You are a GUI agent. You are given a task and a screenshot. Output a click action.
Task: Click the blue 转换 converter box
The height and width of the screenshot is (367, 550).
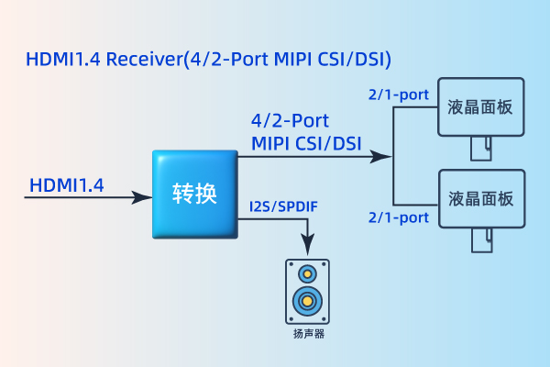pos(194,194)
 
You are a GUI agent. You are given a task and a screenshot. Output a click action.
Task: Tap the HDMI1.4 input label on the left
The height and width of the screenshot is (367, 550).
pos(67,185)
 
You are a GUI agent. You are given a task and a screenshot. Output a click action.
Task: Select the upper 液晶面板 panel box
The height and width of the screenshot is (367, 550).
pos(481,106)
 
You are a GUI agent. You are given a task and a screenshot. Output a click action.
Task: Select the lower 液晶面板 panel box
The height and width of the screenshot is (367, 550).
pos(481,198)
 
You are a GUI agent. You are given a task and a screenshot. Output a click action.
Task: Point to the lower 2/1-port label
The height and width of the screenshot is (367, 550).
pos(399,217)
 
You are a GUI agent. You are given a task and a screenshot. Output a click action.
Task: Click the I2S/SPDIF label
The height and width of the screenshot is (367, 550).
pos(283,206)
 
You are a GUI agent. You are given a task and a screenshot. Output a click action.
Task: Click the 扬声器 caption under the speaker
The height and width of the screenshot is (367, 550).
pos(308,334)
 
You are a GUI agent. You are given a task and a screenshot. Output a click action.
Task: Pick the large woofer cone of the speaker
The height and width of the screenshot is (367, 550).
pos(307,300)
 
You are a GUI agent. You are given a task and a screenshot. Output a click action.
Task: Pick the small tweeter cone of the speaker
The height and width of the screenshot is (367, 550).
pos(307,272)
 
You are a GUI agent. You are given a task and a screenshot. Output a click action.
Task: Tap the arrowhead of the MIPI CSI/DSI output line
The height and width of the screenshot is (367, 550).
pos(378,157)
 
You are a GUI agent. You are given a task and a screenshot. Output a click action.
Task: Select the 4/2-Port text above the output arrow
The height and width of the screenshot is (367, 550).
pos(290,120)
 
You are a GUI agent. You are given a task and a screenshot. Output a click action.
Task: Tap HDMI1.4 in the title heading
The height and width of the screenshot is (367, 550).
pos(65,61)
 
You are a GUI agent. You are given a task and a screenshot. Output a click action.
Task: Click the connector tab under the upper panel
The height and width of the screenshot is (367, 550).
pos(481,148)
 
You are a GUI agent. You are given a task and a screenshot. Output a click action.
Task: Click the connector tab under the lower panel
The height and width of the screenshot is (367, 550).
pos(481,239)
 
